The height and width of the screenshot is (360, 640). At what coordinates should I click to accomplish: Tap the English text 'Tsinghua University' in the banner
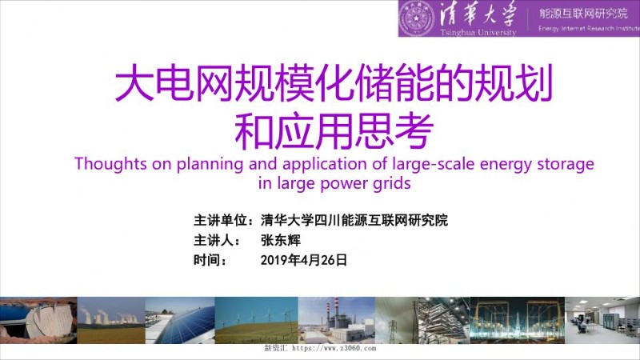tap(477, 31)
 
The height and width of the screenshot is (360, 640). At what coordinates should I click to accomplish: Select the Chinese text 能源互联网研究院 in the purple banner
tap(583, 13)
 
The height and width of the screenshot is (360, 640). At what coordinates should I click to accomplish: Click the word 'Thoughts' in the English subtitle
tap(106, 164)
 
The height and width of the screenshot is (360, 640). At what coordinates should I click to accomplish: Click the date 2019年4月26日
tap(304, 260)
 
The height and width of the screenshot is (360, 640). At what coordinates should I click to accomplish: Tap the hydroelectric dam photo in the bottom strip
tap(36, 320)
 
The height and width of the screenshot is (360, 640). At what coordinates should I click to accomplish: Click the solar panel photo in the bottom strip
tap(180, 320)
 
